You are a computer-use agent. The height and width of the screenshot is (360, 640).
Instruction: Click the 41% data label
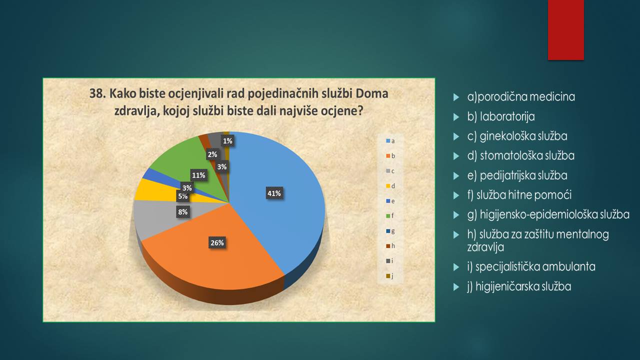tap(274, 193)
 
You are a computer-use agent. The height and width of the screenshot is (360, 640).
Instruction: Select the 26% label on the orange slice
tap(217, 242)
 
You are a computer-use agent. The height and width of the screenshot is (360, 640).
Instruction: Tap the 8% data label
tap(183, 211)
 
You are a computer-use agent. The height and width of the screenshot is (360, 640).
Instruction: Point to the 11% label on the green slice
tap(198, 175)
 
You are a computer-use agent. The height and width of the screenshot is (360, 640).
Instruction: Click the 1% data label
tap(227, 141)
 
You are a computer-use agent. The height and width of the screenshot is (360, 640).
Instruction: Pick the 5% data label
tap(183, 196)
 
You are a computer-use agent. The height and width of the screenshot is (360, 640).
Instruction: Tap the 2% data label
tap(212, 154)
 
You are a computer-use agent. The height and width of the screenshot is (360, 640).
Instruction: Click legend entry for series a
tap(390, 141)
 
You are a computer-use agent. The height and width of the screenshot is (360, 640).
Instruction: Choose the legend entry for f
tap(390, 215)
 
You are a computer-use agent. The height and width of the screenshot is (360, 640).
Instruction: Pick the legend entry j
tap(389, 276)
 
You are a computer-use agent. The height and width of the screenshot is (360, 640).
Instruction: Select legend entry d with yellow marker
tap(390, 186)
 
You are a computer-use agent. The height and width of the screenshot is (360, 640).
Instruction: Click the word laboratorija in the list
tap(507, 116)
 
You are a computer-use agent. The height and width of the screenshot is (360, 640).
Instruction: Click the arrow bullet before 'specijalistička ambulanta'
tap(456, 267)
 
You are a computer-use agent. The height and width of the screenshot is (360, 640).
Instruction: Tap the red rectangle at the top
tap(565, 30)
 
